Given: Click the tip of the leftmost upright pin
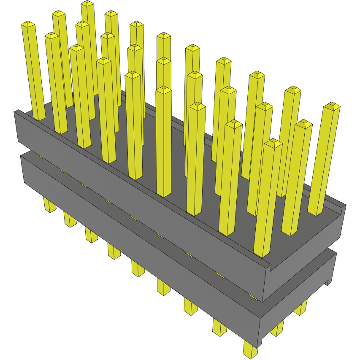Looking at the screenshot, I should click(28, 24).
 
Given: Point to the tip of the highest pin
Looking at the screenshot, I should click(87, 4).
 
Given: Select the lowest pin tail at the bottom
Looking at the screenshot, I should click(250, 350).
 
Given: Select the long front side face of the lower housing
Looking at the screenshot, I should click(139, 249).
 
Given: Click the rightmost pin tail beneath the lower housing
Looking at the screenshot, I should click(301, 309).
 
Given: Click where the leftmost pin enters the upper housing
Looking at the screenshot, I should click(39, 119).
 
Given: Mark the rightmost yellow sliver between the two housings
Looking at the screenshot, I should click(253, 298).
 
